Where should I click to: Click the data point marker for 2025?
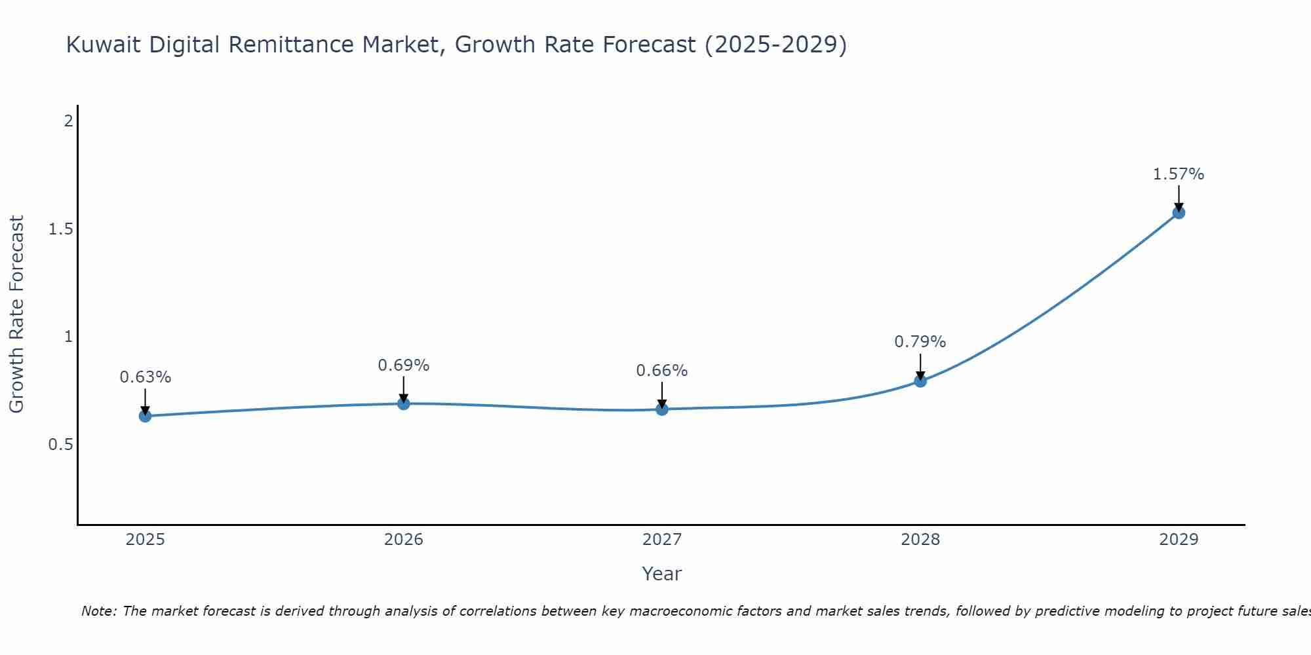tap(146, 416)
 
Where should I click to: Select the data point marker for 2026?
tap(404, 403)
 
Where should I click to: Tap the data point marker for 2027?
tap(662, 409)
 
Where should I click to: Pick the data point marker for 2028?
tap(920, 381)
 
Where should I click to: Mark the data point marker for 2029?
tap(1179, 212)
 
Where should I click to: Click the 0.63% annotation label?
tap(146, 377)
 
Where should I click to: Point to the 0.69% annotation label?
tap(404, 365)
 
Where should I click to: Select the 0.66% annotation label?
tap(662, 371)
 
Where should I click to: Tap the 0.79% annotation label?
tap(920, 342)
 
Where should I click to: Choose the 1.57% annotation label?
tap(1179, 174)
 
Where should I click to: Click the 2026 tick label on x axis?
tap(404, 540)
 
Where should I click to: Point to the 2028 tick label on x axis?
tap(920, 540)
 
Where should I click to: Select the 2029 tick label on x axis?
tap(1179, 540)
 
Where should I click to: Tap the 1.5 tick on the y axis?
tap(60, 229)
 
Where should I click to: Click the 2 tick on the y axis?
tap(68, 121)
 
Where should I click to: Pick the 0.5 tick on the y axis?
tap(60, 445)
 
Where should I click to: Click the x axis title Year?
tap(662, 574)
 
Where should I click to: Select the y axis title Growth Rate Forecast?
tap(17, 314)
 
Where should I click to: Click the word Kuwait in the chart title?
tap(104, 45)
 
